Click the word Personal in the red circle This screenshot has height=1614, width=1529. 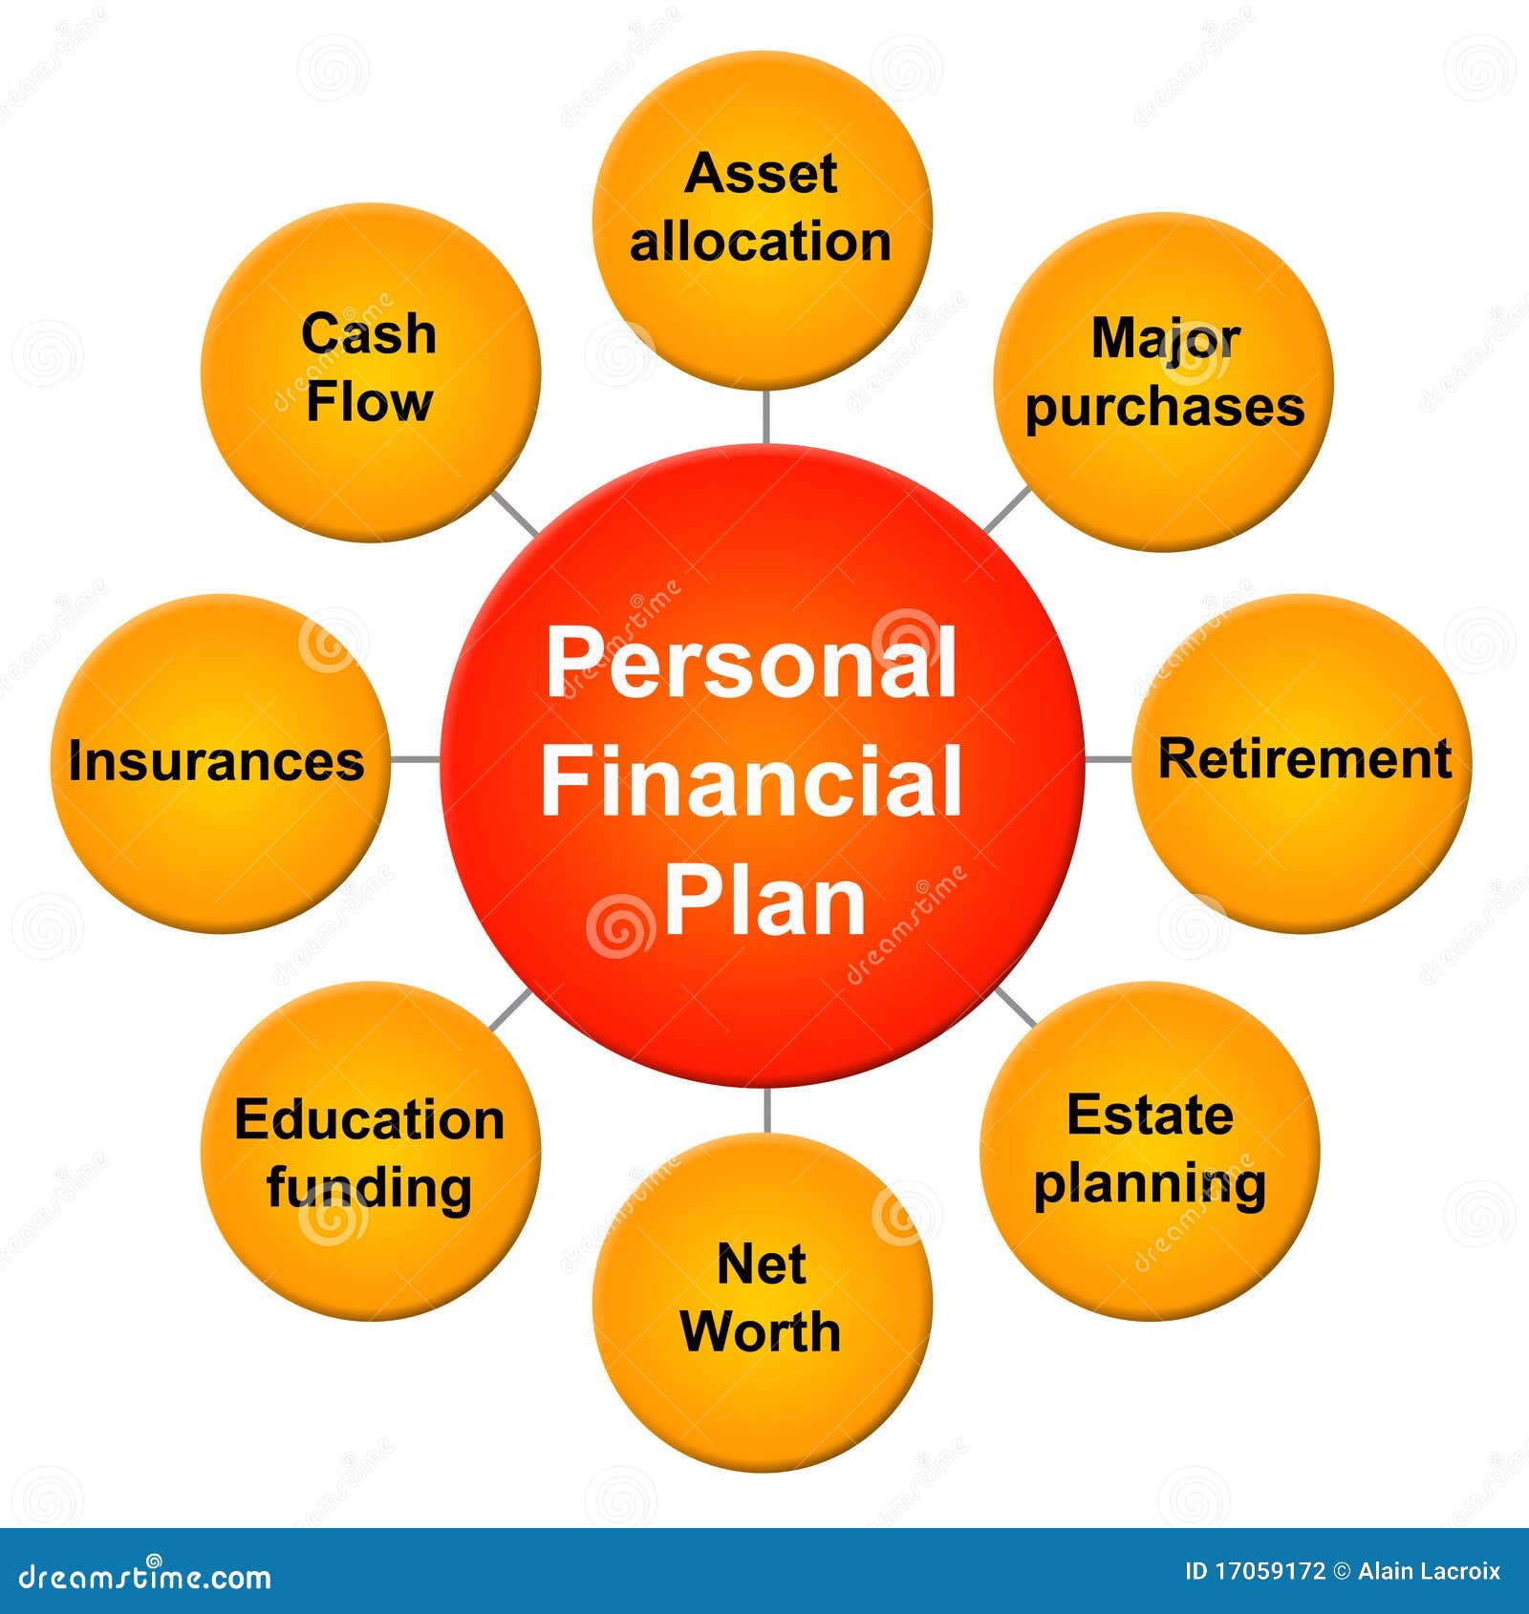751,664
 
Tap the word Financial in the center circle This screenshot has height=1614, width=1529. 751,782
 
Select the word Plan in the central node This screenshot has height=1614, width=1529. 764,901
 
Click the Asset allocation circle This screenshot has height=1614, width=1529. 762,221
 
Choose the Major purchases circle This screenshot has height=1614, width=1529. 1163,381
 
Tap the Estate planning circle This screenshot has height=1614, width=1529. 1150,1151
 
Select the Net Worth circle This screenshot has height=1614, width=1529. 762,1302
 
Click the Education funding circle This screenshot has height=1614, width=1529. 371,1151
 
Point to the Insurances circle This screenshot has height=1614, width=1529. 221,763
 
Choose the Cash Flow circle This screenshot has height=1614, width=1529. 371,372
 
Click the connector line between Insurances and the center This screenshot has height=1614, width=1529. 416,760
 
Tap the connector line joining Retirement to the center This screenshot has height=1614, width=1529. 1109,760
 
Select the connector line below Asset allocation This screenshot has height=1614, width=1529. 765,417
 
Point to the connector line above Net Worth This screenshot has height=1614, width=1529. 765,1110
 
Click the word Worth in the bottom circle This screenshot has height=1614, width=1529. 761,1331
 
